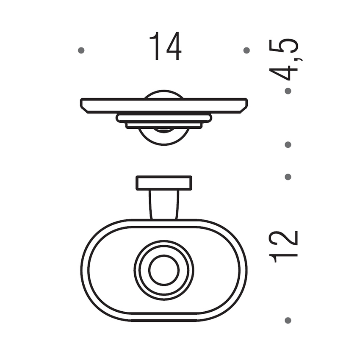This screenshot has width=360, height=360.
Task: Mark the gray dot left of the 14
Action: click(x=81, y=50)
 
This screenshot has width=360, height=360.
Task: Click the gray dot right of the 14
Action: click(x=246, y=50)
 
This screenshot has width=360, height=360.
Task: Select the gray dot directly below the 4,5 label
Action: click(x=288, y=91)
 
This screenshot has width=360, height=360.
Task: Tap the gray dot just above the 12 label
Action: click(x=288, y=177)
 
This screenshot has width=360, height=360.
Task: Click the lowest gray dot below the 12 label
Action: click(x=288, y=320)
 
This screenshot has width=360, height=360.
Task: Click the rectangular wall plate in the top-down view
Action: click(x=164, y=183)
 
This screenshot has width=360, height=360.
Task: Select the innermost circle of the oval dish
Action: click(x=164, y=270)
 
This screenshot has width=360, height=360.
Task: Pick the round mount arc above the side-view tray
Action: click(x=164, y=93)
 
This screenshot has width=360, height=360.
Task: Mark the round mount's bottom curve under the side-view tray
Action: click(x=164, y=141)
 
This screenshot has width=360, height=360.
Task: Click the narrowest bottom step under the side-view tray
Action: click(x=164, y=126)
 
